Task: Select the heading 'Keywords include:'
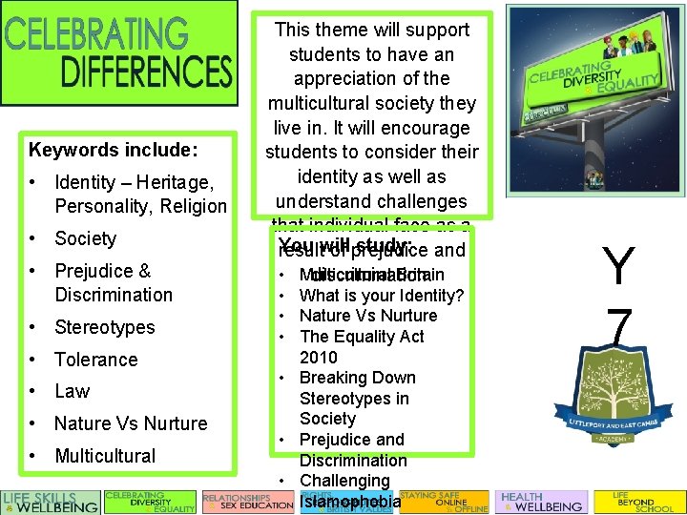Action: pyautogui.click(x=113, y=150)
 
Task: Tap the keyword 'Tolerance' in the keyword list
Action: pyautogui.click(x=95, y=360)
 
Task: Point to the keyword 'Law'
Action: pyautogui.click(x=72, y=391)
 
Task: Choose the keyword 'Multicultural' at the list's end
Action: pyautogui.click(x=105, y=456)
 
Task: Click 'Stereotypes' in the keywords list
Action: pyautogui.click(x=104, y=327)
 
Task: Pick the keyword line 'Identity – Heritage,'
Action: pyautogui.click(x=134, y=181)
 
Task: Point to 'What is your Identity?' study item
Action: pyautogui.click(x=381, y=296)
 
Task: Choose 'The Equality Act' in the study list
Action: pyautogui.click(x=362, y=337)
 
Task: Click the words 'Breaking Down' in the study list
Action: pyautogui.click(x=357, y=378)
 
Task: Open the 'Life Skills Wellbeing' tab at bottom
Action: pyautogui.click(x=51, y=503)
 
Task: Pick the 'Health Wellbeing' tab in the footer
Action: pyautogui.click(x=541, y=503)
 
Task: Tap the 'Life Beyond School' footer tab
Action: pyautogui.click(x=639, y=503)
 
